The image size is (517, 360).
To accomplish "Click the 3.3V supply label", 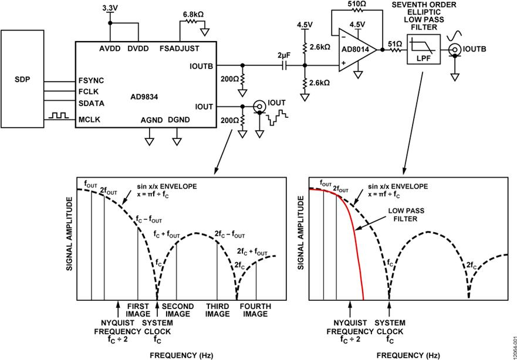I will point(110,8).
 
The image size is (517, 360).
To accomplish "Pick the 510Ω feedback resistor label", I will point(356,4).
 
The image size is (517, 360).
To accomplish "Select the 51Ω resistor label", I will point(394,43).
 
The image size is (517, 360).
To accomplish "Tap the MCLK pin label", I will point(89,118).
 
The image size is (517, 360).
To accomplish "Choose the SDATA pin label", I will point(90,103).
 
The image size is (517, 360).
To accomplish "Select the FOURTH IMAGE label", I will point(255,310).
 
